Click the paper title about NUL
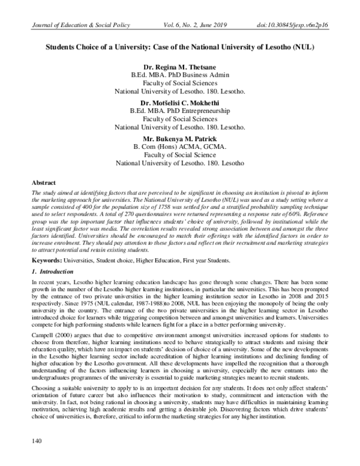click(x=180, y=46)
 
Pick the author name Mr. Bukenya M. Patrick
click(x=180, y=138)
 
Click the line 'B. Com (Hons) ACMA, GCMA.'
click(x=180, y=147)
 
